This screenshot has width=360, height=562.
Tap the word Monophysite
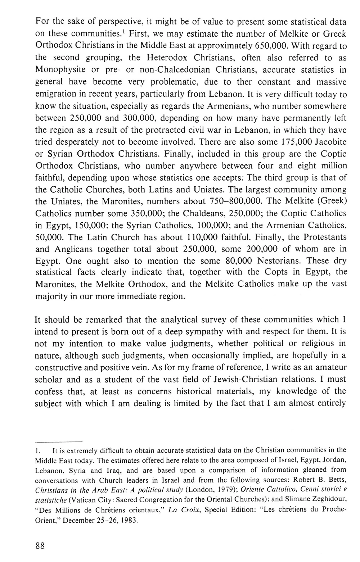click(61, 69)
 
